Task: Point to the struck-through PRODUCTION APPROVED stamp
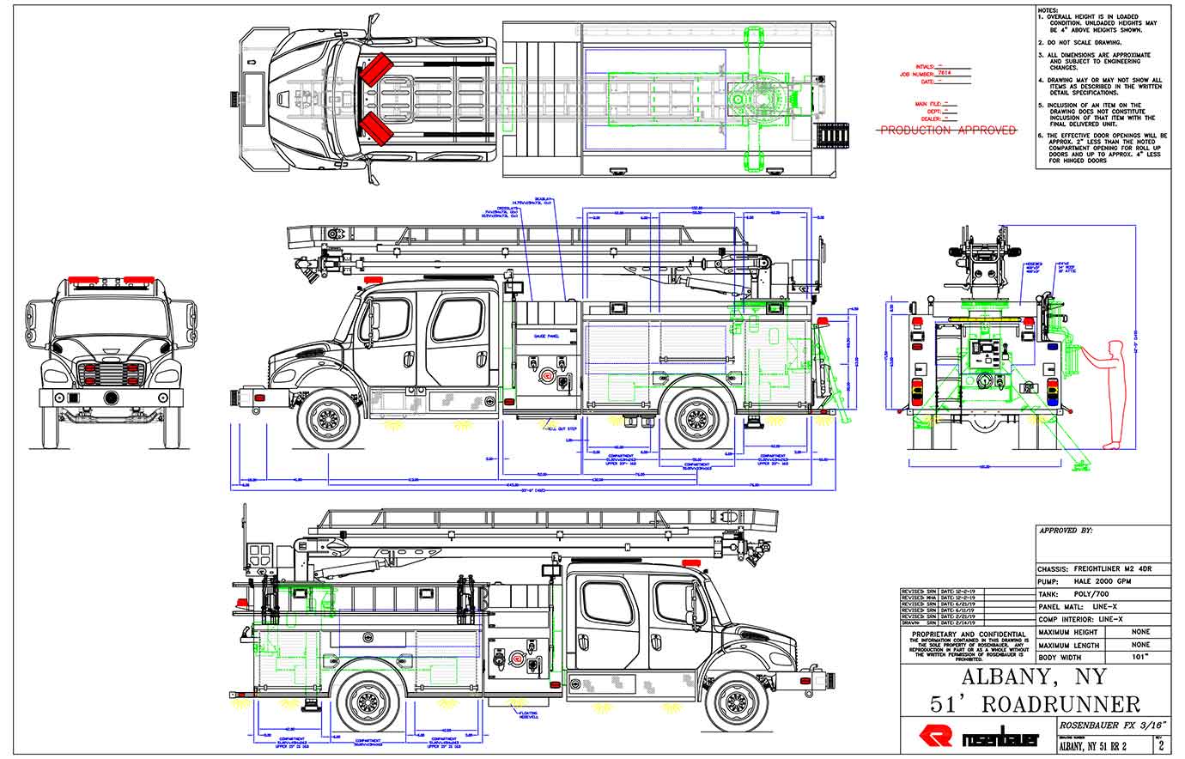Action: pyautogui.click(x=946, y=131)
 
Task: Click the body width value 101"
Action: pyautogui.click(x=1140, y=657)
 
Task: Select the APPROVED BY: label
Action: pyautogui.click(x=1066, y=531)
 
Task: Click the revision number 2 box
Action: pyautogui.click(x=1160, y=745)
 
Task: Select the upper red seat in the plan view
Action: pyautogui.click(x=375, y=70)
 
